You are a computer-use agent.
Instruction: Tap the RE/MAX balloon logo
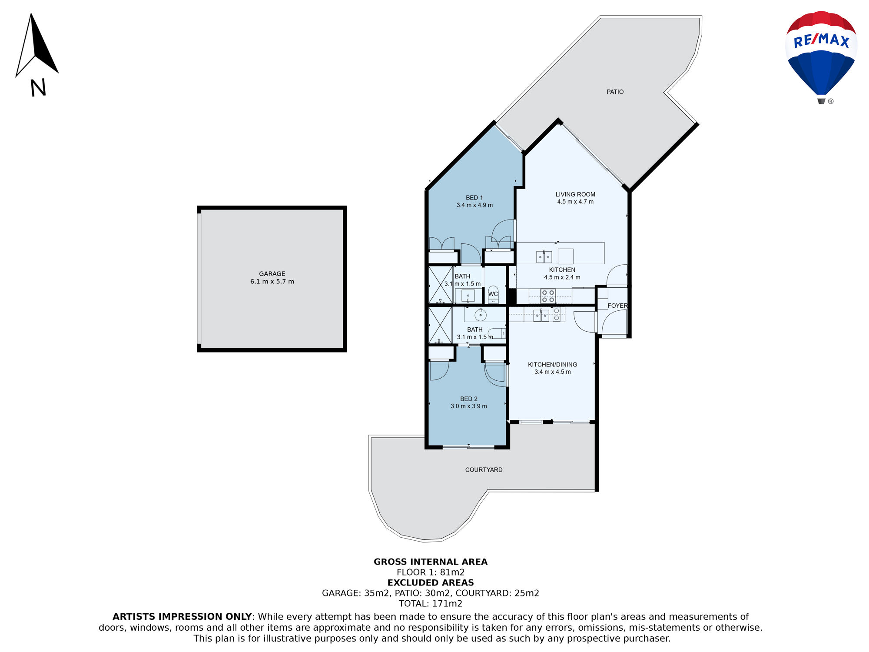click(821, 57)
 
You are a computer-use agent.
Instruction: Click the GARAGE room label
click(272, 274)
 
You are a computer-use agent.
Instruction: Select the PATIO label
click(615, 92)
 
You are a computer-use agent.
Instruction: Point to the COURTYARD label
click(484, 470)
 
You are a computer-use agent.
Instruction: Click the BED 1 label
click(474, 198)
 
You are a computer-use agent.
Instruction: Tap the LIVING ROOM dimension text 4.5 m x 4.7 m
click(575, 202)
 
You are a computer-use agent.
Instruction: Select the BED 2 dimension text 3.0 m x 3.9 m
click(468, 406)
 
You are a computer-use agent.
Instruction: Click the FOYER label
click(617, 306)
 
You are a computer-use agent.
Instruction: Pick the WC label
click(493, 294)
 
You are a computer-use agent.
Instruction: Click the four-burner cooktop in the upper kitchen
click(548, 296)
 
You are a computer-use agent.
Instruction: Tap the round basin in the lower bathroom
click(480, 314)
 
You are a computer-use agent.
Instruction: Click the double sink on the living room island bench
click(544, 257)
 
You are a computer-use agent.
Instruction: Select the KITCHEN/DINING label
click(552, 365)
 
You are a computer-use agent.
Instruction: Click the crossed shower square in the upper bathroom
click(441, 285)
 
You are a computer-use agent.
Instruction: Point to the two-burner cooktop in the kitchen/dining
click(557, 314)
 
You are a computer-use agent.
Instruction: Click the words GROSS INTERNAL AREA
click(431, 562)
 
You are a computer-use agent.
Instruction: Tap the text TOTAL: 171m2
click(431, 603)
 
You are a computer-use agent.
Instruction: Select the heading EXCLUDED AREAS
click(431, 582)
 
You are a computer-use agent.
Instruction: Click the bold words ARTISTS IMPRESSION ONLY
click(182, 616)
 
